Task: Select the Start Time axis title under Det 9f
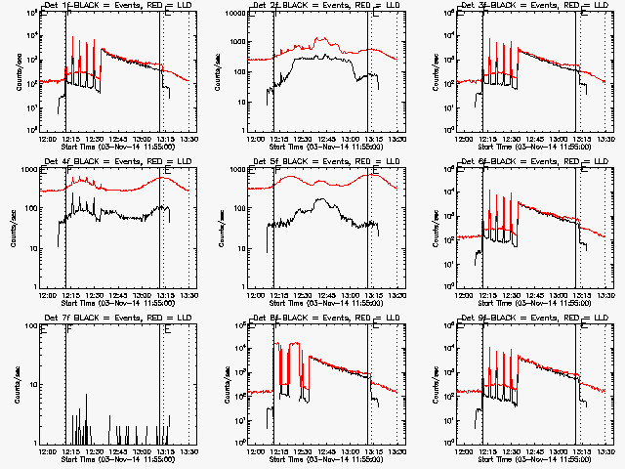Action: click(534, 458)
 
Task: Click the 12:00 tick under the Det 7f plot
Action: click(47, 451)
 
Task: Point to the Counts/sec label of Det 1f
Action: click(14, 69)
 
